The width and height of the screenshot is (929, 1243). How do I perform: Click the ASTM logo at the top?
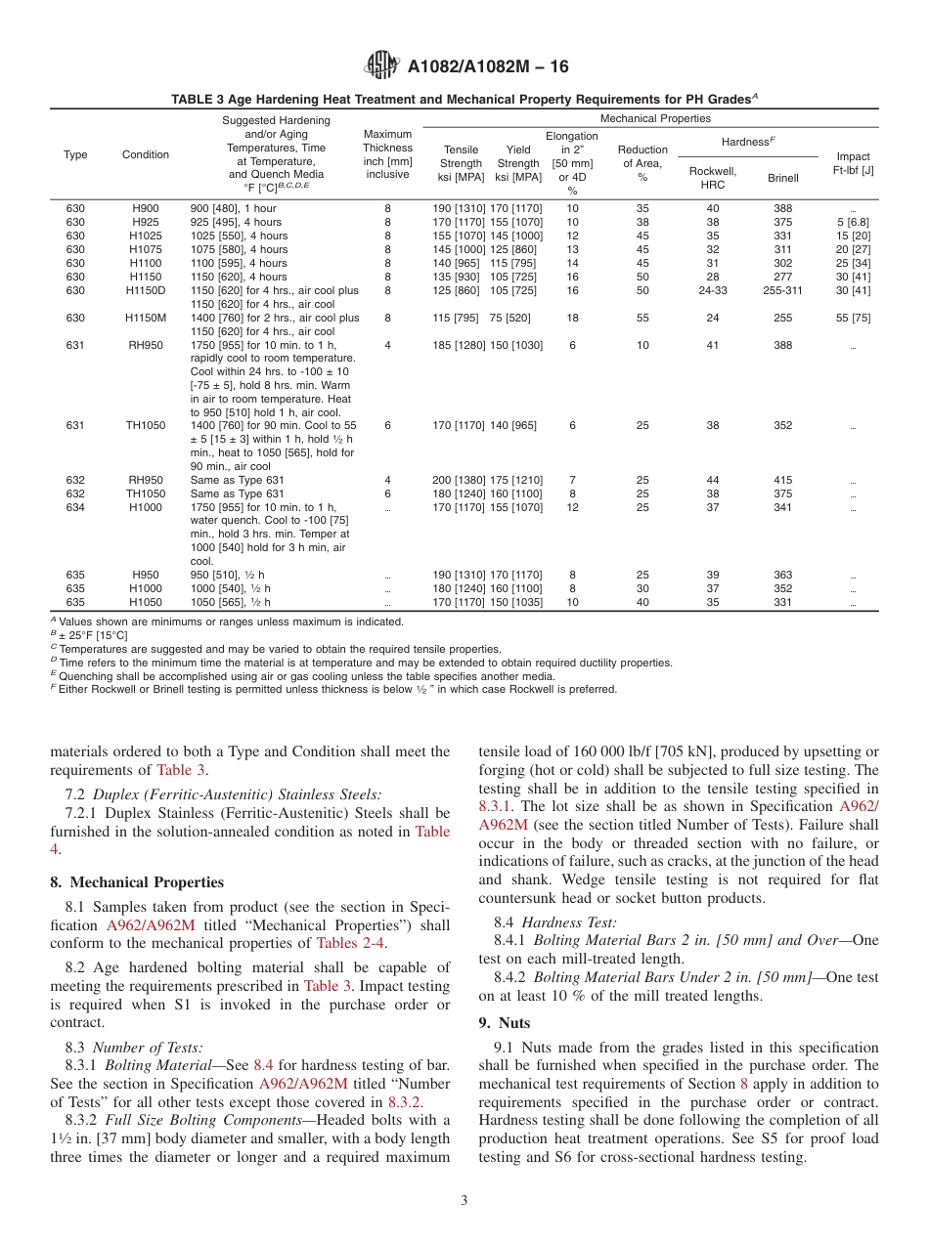pyautogui.click(x=380, y=66)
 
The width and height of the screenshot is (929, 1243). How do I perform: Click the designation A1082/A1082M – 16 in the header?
pyautogui.click(x=487, y=67)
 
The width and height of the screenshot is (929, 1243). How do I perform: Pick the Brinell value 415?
pyautogui.click(x=782, y=480)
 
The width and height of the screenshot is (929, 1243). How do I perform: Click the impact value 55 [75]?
pyautogui.click(x=853, y=318)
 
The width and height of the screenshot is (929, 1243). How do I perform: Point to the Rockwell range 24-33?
pyautogui.click(x=712, y=290)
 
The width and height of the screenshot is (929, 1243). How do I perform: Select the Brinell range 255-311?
pyautogui.click(x=782, y=290)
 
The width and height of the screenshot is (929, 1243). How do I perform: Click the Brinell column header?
pyautogui.click(x=782, y=178)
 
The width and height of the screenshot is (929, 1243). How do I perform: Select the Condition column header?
pyautogui.click(x=146, y=154)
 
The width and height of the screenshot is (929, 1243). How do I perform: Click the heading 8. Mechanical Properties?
pyautogui.click(x=137, y=882)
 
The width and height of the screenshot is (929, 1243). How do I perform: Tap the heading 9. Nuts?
pyautogui.click(x=504, y=1022)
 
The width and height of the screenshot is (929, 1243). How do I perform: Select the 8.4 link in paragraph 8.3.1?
pyautogui.click(x=263, y=1064)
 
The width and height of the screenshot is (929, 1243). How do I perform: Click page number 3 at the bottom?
pyautogui.click(x=464, y=1200)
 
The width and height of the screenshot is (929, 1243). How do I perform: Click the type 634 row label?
pyautogui.click(x=75, y=507)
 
